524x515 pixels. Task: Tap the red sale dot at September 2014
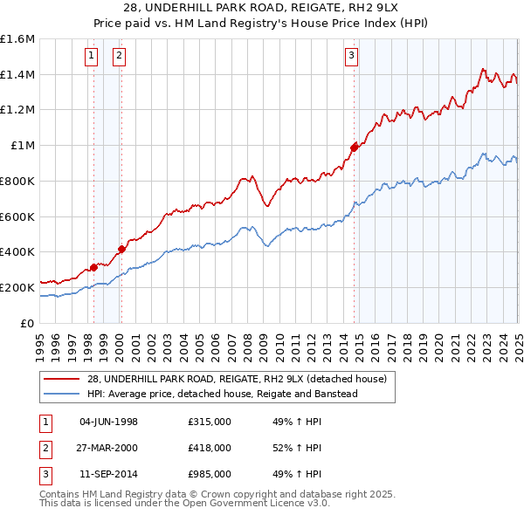(x=354, y=148)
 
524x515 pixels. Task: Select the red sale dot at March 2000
(x=121, y=249)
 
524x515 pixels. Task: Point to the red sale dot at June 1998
(x=93, y=267)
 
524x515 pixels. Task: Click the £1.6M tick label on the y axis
(x=17, y=39)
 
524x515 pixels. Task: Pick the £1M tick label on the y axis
(x=23, y=146)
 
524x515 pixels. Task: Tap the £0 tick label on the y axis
(x=28, y=323)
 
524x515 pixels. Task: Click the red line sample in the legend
(x=61, y=379)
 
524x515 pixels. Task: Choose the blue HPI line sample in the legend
(x=61, y=394)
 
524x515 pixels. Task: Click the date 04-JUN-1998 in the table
(x=108, y=422)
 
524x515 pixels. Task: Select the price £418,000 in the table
(x=210, y=448)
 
